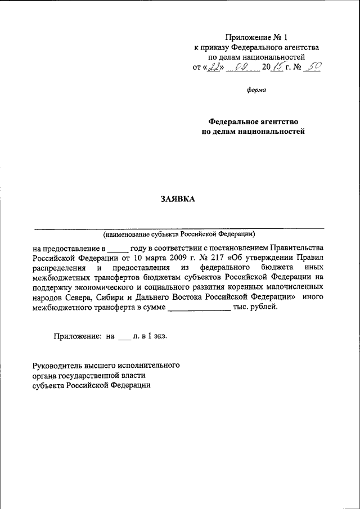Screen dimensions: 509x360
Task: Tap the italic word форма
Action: tap(256, 89)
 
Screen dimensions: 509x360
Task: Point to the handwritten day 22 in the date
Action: tap(213, 67)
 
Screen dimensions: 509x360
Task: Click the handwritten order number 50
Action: tap(313, 66)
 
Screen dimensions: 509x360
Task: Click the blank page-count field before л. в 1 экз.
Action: tap(124, 336)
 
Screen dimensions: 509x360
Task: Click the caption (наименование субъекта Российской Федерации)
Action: tap(179, 233)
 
